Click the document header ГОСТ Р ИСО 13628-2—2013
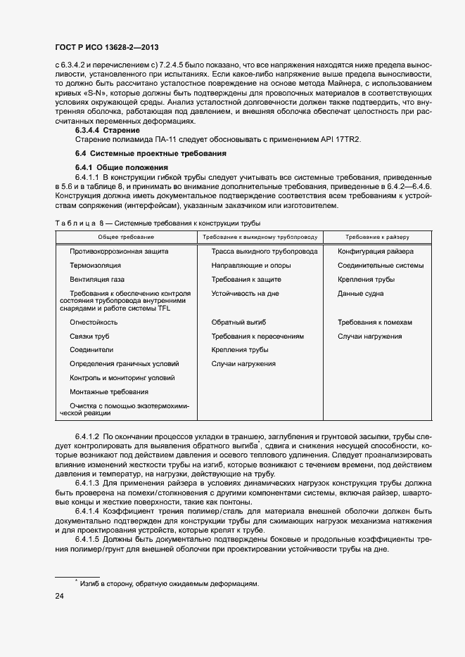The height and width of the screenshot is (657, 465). pyautogui.click(x=106, y=47)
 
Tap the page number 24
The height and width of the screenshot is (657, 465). pyautogui.click(x=60, y=597)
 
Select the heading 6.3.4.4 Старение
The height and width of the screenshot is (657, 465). pyautogui.click(x=108, y=130)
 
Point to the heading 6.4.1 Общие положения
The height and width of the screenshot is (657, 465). pyautogui.click(x=122, y=167)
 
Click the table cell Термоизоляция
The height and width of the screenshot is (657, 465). pyautogui.click(x=95, y=266)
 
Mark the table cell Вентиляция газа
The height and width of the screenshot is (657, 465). pyautogui.click(x=97, y=280)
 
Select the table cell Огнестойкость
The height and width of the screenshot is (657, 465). pyautogui.click(x=94, y=322)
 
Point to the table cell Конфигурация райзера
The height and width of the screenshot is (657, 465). pyautogui.click(x=375, y=251)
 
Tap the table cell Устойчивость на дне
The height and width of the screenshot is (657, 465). pyautogui.click(x=245, y=294)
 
